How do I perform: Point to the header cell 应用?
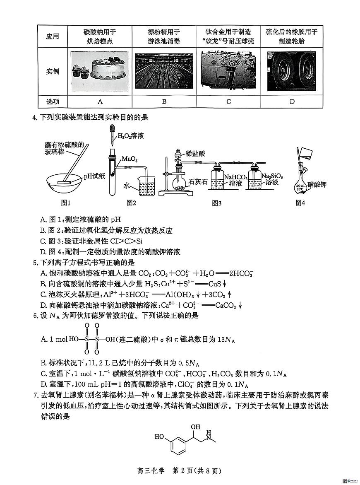[x=52, y=36]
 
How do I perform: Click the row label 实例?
[x=52, y=71]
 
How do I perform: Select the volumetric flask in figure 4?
[x=301, y=186]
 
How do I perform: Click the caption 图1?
[x=65, y=203]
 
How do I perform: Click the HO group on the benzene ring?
[x=160, y=437]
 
